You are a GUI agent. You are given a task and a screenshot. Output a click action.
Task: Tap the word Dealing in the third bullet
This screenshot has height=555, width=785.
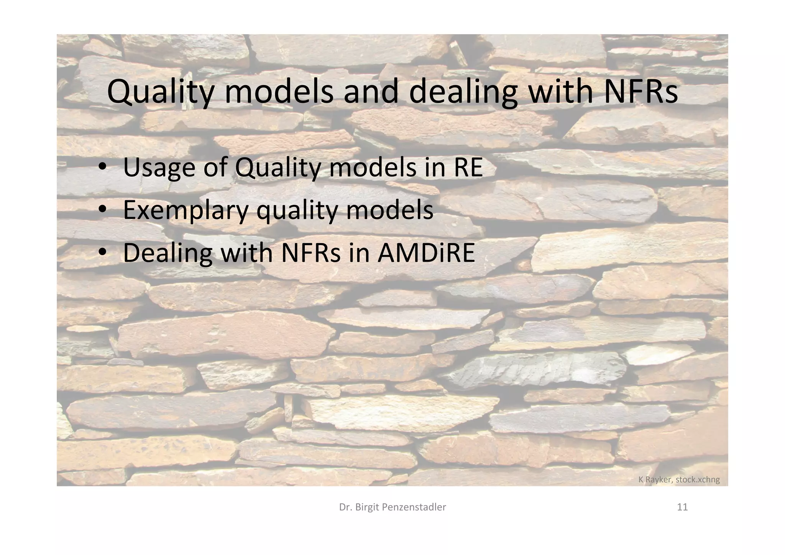point(168,253)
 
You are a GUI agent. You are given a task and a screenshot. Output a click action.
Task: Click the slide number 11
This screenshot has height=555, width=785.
point(682,507)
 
